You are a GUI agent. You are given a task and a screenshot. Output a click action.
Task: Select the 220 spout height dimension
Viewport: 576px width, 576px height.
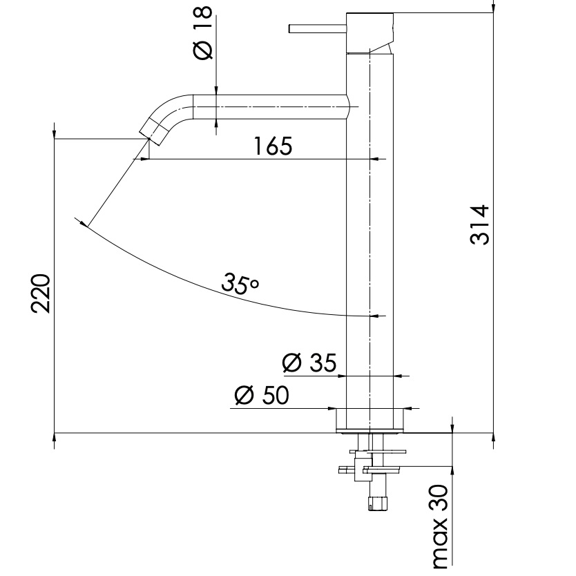pos(41,293)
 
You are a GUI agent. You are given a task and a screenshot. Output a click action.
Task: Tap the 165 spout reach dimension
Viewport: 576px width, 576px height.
pos(273,146)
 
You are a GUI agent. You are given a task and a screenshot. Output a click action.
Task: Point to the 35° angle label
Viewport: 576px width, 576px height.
pos(240,281)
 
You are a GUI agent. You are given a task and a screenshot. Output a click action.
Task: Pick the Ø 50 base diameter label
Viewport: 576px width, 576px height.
pos(261,395)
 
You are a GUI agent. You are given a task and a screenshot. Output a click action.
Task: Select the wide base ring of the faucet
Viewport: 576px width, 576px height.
pos(369,419)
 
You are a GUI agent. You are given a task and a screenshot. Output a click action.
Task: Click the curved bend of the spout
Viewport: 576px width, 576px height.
pos(173,109)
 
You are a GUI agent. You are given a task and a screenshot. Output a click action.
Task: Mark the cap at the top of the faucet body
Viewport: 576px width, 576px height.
pos(369,31)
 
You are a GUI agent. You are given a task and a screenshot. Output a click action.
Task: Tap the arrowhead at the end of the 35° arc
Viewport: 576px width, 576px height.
pos(84,223)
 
